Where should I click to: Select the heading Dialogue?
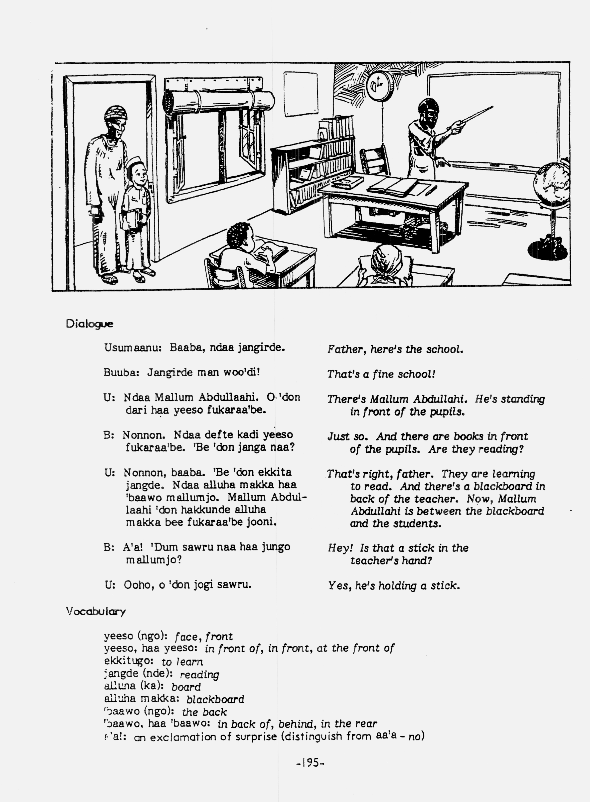click(89, 324)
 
